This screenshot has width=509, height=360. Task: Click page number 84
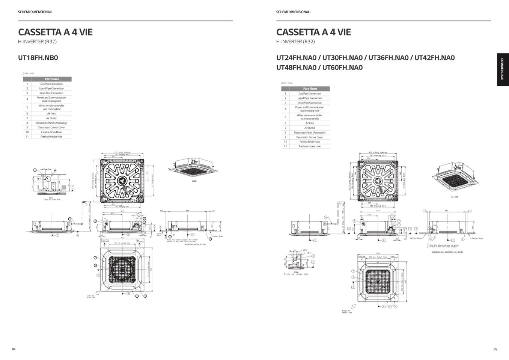(14, 349)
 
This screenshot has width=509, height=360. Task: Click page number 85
(495, 349)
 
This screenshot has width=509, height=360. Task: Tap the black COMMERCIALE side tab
(502, 70)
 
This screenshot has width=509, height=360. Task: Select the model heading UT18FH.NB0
(38, 58)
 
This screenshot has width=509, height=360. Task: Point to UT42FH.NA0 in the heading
(434, 58)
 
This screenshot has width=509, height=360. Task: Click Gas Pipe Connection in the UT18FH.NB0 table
(51, 84)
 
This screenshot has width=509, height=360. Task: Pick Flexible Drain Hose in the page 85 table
(310, 142)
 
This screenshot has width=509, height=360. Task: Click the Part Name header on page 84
(52, 79)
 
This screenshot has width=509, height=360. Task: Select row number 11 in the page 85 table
(285, 146)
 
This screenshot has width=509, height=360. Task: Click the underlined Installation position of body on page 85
(447, 252)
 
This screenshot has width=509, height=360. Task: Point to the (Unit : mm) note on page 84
(29, 74)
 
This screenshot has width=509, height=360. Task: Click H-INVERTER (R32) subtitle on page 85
(295, 42)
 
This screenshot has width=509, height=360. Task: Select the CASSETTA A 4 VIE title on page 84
(55, 32)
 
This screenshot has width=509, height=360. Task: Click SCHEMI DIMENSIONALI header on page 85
(293, 12)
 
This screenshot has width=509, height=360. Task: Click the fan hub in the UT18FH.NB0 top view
(122, 181)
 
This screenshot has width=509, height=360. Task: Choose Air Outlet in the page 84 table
(51, 118)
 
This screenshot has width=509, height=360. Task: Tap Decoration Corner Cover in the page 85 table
(310, 137)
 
